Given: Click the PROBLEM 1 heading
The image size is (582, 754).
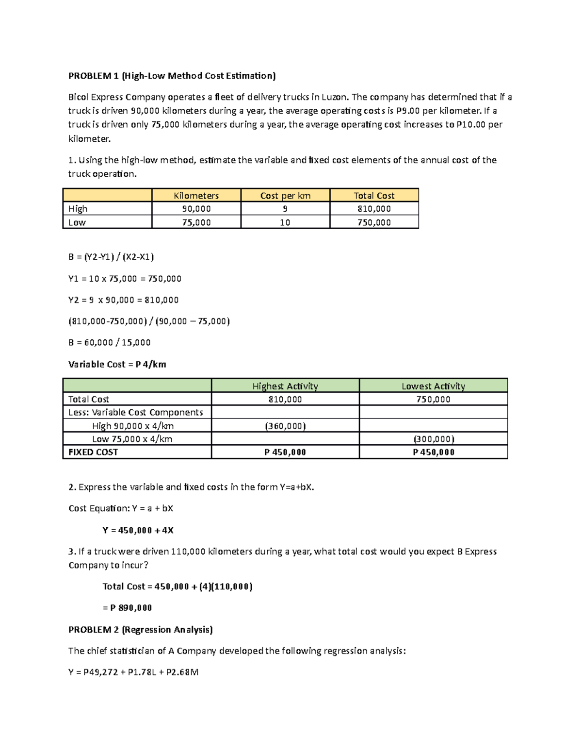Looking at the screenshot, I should (x=172, y=76).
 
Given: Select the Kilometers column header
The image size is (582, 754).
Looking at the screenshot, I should (x=196, y=196).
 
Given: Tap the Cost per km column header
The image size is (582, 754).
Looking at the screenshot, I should (x=285, y=196).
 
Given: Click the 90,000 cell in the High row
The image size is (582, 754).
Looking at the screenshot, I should (x=196, y=209).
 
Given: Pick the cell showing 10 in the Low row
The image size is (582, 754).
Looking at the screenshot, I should (x=285, y=222).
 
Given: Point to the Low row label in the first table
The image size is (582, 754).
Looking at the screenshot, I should (x=77, y=222).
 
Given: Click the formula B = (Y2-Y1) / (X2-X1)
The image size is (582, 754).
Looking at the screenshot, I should (x=111, y=257).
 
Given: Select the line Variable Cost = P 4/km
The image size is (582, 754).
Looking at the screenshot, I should (x=117, y=364).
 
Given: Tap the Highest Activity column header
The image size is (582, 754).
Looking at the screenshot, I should (x=285, y=386).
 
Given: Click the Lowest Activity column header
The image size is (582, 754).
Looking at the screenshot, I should (x=433, y=386).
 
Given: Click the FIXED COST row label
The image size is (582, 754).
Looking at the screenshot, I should (x=93, y=452).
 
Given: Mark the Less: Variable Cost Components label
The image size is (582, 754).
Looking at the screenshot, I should (x=135, y=412).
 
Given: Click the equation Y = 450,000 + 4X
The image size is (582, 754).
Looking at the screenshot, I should (x=138, y=530).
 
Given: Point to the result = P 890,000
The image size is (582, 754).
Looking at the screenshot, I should (x=127, y=608).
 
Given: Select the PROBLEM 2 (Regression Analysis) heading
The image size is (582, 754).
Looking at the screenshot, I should (x=141, y=630).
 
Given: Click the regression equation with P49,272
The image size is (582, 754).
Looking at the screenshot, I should (x=133, y=672).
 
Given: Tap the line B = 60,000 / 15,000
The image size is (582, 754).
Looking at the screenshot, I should (x=110, y=342).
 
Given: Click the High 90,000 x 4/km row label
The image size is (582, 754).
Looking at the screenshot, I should (x=132, y=426).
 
